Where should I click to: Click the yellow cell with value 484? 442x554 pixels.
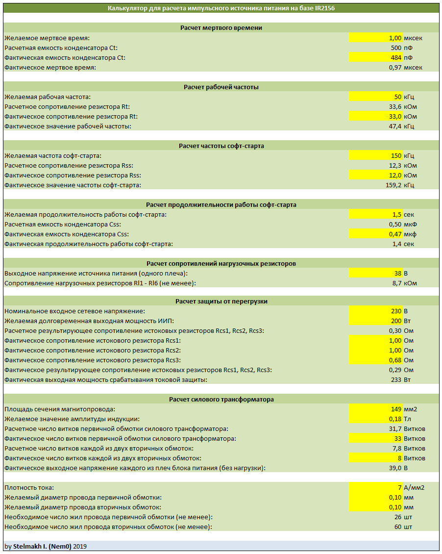[375, 57]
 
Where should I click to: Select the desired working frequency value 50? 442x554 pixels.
[375, 97]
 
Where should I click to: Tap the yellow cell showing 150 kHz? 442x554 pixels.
[375, 156]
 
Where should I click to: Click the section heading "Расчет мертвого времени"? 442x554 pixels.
[221, 28]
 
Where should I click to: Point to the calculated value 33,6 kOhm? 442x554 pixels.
[395, 107]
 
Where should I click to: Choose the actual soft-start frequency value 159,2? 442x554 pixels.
[393, 185]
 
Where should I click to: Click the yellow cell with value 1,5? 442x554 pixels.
[375, 214]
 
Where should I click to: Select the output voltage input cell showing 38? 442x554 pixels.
[375, 274]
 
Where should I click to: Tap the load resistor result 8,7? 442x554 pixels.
[397, 283]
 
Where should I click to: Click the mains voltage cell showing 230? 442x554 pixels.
[375, 311]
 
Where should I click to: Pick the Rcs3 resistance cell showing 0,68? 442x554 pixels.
[375, 360]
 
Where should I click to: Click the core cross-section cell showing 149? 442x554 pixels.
[375, 409]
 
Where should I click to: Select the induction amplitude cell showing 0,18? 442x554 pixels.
[375, 419]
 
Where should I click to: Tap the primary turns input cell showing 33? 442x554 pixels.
[375, 439]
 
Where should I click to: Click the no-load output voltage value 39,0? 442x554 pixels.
[395, 468]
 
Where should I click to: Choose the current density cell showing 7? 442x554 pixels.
[375, 488]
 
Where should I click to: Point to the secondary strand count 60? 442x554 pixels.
[398, 527]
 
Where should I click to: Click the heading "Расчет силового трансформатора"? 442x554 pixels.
[221, 400]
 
